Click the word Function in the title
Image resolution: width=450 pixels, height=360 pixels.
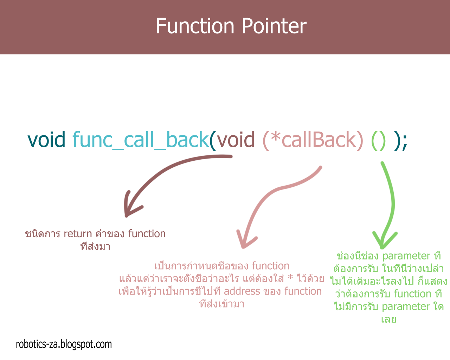(195, 26)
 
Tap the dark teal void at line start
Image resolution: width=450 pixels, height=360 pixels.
(46, 140)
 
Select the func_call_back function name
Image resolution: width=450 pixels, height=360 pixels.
(141, 140)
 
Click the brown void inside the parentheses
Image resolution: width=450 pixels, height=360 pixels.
(236, 140)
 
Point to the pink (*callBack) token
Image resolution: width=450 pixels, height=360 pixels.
(313, 140)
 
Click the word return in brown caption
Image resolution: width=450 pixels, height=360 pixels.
(78, 234)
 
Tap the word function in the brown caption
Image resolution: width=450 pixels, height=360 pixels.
(147, 234)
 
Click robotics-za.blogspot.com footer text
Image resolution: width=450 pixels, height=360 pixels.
(64, 344)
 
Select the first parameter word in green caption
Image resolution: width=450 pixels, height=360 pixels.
(406, 256)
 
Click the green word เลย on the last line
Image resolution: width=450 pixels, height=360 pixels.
(388, 320)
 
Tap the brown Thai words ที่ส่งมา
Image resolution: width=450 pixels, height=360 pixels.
(95, 246)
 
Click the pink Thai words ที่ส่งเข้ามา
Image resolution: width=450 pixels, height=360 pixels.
(221, 304)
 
